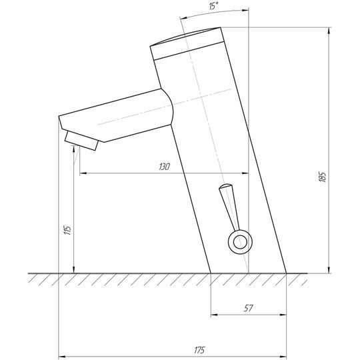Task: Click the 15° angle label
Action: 213,6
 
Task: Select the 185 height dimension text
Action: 323,177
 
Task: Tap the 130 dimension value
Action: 165,167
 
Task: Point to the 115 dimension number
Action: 68,230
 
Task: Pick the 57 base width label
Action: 248,308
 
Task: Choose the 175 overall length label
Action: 199,351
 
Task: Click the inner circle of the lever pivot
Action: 240,242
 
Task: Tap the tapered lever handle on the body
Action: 229,207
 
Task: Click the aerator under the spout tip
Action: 81,141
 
